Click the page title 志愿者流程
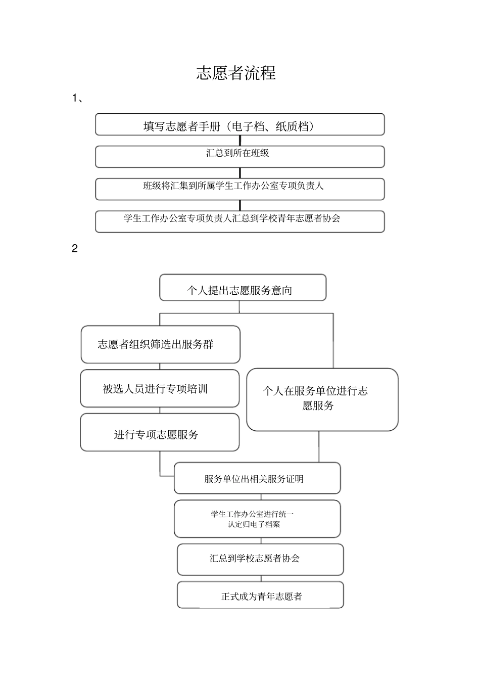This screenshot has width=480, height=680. point(236,73)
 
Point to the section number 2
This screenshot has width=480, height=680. point(75,249)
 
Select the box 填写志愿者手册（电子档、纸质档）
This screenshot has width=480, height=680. point(239,124)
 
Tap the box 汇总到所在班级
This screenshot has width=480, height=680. point(239,156)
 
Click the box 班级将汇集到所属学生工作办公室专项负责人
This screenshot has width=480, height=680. point(239,189)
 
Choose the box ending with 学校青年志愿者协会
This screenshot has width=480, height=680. point(239,221)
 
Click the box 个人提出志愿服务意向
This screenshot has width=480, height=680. point(243,288)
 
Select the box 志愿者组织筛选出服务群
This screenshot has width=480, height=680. point(160,344)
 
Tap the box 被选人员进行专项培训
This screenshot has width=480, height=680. point(160,388)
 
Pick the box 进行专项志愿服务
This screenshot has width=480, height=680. point(160,433)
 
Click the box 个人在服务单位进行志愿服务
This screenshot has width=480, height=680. point(322,399)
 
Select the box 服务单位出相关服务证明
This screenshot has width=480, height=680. point(257,478)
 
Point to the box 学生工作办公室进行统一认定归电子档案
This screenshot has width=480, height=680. point(257,519)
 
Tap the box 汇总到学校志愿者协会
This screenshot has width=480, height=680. point(260,559)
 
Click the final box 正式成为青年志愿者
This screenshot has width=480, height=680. point(260,595)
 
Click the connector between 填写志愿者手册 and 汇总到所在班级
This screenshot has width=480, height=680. point(240,141)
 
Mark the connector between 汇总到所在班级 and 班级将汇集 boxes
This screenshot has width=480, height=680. point(240,173)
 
